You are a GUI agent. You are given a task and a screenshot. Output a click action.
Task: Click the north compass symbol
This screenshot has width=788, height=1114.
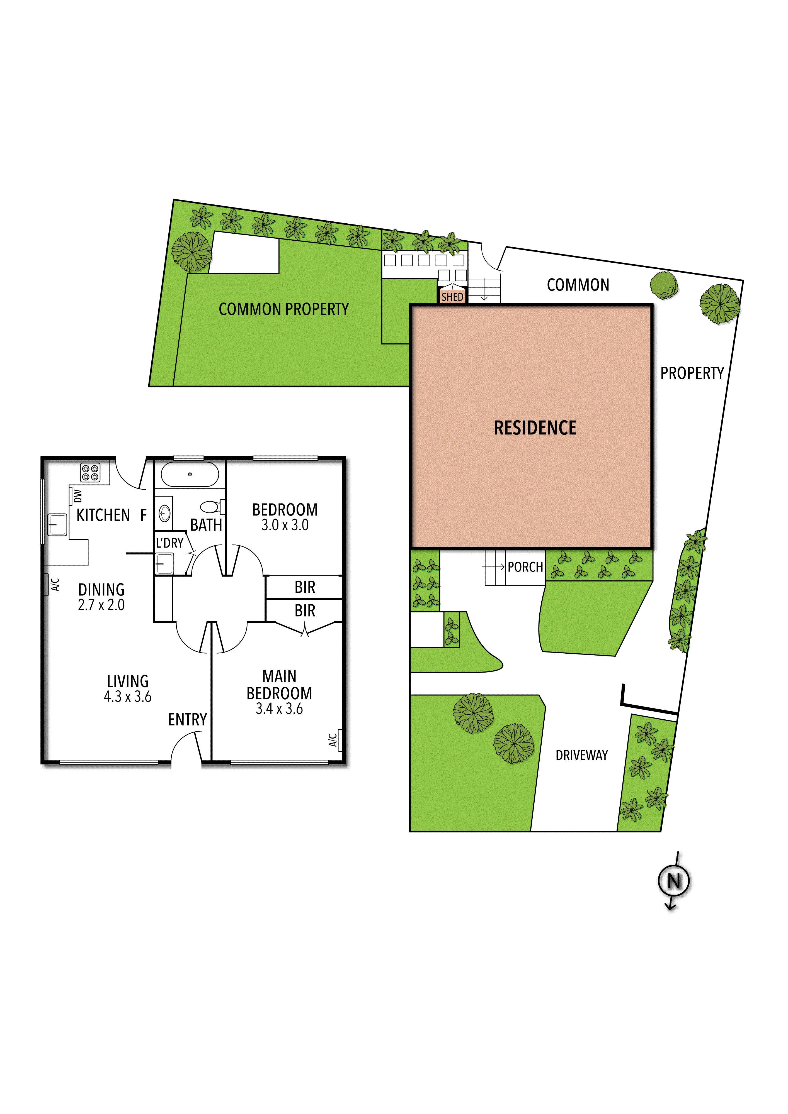674,881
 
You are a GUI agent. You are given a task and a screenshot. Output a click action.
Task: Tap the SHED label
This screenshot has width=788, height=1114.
452,296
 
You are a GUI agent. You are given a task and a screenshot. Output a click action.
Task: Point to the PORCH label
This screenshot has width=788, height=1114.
525,567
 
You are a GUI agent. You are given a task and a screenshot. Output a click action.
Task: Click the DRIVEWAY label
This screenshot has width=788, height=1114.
582,755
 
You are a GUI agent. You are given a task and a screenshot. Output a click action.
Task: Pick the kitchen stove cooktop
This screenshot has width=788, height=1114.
90,473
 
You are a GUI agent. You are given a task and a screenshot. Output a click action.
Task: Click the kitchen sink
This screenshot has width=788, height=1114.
57,524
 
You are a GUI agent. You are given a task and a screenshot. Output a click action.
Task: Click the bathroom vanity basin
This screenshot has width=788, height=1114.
165,513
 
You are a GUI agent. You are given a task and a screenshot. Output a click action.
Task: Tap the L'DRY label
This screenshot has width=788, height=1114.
169,543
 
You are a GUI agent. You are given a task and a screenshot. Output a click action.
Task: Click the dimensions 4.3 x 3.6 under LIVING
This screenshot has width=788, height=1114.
128,697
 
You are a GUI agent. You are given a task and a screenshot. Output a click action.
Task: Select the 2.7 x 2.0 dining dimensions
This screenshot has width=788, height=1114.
101,605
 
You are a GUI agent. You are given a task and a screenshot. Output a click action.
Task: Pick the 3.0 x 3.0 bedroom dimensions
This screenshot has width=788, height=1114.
285,525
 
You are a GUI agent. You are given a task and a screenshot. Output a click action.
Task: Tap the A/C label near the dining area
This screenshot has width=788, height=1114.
55,584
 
